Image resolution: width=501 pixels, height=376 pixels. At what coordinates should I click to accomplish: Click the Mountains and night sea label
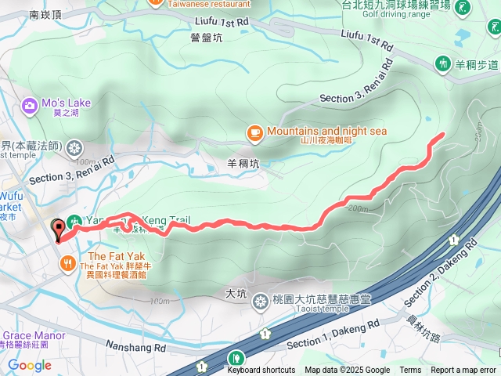pos(326,131)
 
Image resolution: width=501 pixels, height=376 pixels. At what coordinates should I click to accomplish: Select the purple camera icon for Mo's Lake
pos(30,105)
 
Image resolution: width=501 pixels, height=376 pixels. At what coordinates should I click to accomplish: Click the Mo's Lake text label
pos(67,103)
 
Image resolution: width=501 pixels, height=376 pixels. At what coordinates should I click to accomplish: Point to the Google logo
pos(30,365)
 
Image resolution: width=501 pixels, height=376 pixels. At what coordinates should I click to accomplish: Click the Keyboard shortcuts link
pos(261,371)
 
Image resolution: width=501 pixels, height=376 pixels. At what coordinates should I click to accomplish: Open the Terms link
pos(410,371)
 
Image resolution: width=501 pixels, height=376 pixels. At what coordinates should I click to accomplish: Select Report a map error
pos(463,371)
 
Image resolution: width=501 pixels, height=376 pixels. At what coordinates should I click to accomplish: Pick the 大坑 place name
pos(236,294)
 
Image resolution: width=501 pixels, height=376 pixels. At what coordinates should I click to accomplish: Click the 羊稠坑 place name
pos(243,164)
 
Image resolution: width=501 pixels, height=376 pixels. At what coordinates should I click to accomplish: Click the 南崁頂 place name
pos(45,14)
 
